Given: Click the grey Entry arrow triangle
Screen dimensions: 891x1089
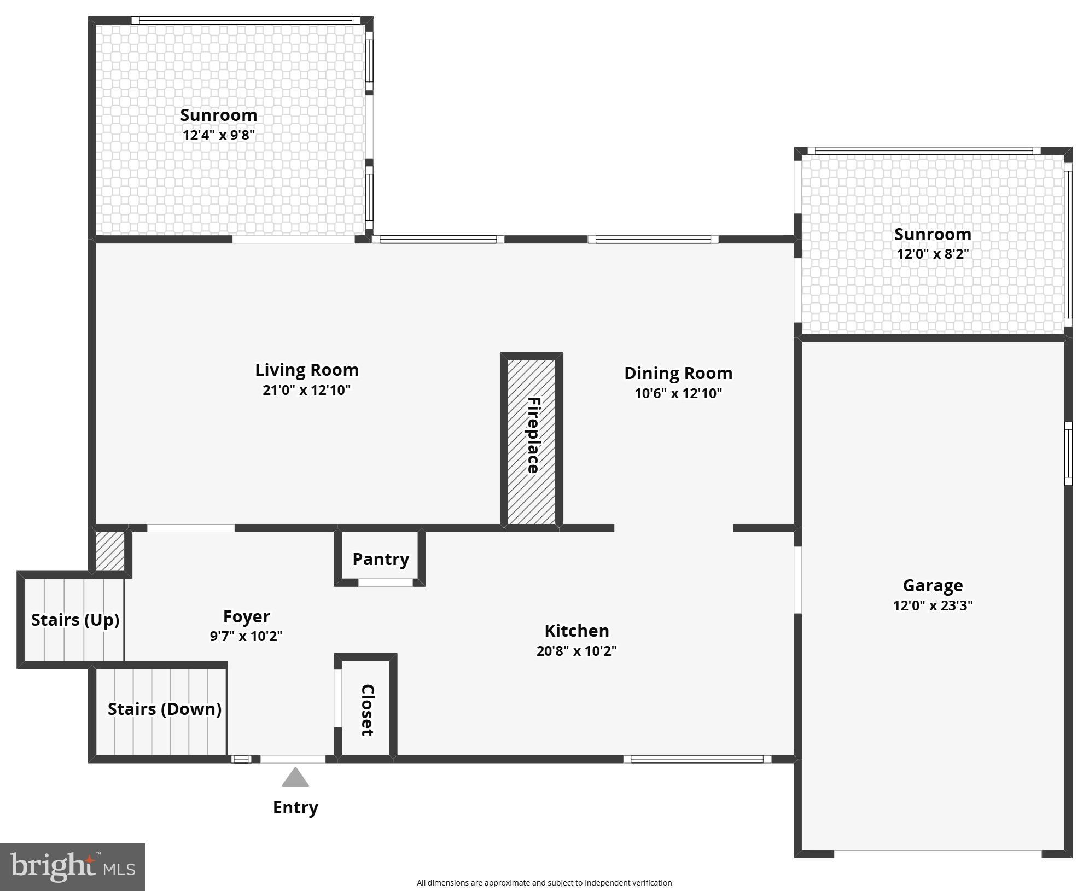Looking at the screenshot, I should click(x=295, y=778).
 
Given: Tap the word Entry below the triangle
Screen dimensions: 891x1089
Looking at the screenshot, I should click(x=295, y=807).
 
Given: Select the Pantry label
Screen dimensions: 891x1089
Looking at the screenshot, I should click(x=381, y=559).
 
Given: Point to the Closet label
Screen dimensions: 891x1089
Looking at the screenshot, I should click(x=367, y=710).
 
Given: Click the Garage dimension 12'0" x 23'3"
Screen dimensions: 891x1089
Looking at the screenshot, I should click(x=933, y=605).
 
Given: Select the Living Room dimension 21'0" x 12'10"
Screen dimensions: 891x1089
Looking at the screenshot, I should click(x=306, y=390).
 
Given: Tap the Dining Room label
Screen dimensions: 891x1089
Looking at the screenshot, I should click(x=678, y=373).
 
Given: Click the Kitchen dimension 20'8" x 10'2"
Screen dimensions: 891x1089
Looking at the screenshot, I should click(x=576, y=651).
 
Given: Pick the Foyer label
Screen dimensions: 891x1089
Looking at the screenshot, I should click(x=246, y=616).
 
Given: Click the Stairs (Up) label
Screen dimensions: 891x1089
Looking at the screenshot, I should click(x=75, y=620).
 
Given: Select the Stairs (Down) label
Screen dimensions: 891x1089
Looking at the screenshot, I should click(x=164, y=709).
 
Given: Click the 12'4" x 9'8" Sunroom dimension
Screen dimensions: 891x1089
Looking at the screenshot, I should click(x=219, y=135).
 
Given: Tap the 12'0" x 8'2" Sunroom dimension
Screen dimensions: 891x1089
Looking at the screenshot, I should click(x=933, y=254).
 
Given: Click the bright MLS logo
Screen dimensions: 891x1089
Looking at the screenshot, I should click(x=72, y=867).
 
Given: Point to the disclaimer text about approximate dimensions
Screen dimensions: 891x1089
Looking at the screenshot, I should click(x=544, y=882).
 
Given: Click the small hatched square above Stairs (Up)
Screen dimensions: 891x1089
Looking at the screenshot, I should click(x=110, y=551).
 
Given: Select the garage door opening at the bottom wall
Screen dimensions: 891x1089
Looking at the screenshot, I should click(x=937, y=854).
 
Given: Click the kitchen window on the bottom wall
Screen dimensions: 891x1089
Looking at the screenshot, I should click(x=697, y=759).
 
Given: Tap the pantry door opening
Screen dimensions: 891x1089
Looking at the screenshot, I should click(x=385, y=583).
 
